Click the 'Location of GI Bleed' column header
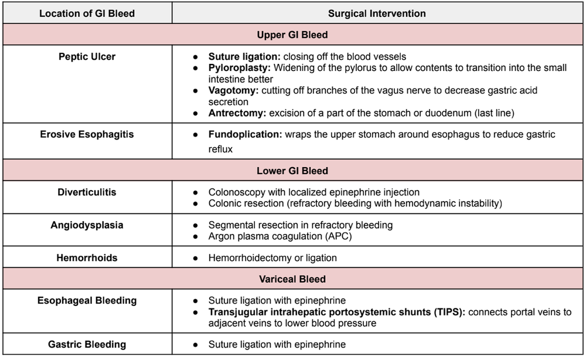pos(87,13)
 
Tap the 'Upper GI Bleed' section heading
pos(292,35)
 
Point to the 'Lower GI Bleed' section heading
pos(292,171)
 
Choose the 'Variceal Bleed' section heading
pos(292,279)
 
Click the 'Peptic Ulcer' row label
pos(87,57)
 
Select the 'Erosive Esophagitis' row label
pos(87,134)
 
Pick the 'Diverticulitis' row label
pos(87,192)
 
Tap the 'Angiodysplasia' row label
pos(87,225)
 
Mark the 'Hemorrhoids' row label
pos(87,257)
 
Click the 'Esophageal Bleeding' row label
pos(87,301)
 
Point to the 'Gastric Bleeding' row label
pos(87,344)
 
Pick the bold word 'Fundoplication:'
pos(246,134)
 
